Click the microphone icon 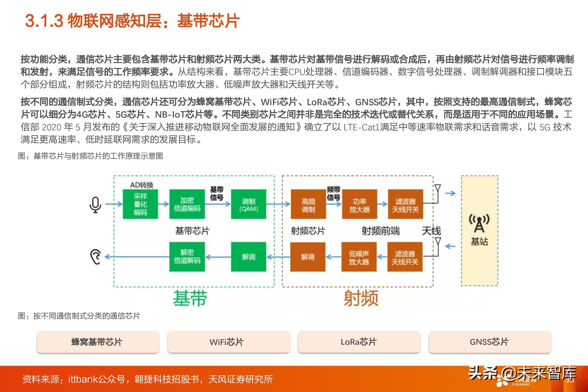coord(95,205)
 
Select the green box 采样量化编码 coord(140,204)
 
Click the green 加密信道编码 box coord(187,204)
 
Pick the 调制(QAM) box coord(248,204)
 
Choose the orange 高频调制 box coord(308,204)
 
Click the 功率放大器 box coord(359,204)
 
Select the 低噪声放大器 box coord(359,257)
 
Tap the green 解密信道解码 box coord(187,257)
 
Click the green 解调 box coord(248,257)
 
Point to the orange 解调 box coord(308,257)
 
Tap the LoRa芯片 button coord(359,342)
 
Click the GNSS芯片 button coord(490,342)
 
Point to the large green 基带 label coord(190,298)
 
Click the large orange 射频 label coord(361,298)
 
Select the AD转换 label coord(142,185)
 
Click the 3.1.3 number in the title coord(44,21)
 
